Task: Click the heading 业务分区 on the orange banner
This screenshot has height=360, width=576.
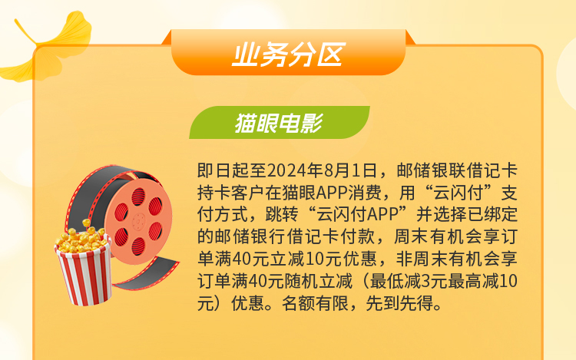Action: click(288, 55)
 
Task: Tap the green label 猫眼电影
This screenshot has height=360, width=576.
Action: click(279, 123)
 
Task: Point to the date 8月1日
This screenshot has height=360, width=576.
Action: click(350, 170)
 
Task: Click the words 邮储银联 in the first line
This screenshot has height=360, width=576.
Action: click(431, 170)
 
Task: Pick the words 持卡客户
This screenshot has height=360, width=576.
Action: click(231, 193)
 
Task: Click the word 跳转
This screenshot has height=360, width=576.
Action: click(282, 215)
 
